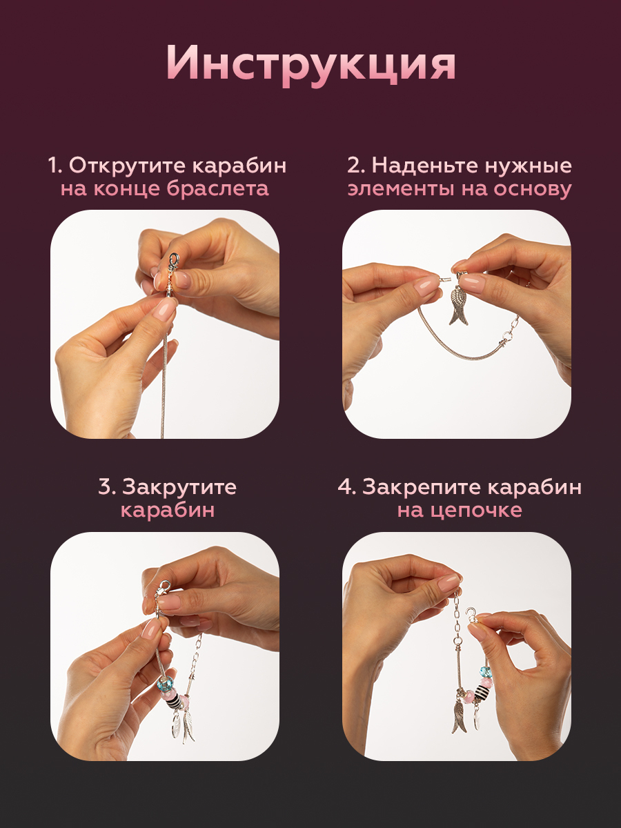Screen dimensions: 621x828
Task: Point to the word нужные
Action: pos(529,167)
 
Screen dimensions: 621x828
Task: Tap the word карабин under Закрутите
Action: pos(168,511)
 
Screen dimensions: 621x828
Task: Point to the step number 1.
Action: pos(55,166)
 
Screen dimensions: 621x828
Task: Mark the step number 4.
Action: pos(346,487)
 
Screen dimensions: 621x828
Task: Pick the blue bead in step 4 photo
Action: pos(484,671)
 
